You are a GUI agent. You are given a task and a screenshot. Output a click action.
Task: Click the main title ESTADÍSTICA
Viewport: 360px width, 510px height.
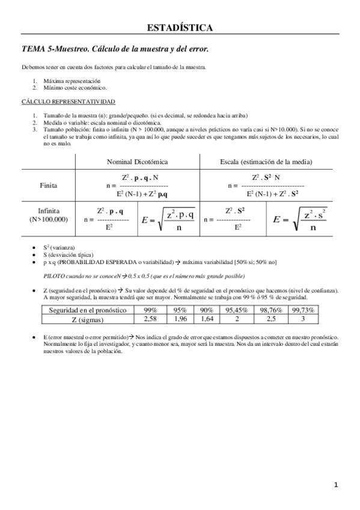click(180, 28)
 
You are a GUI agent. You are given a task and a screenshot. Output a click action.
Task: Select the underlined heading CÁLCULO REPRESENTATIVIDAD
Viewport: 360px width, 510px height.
click(68, 102)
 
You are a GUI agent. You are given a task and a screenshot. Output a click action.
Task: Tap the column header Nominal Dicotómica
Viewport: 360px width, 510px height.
click(137, 162)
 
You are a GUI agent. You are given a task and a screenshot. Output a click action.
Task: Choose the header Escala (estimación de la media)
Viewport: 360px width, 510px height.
click(266, 162)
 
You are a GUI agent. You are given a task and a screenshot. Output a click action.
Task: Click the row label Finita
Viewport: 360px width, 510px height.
click(48, 185)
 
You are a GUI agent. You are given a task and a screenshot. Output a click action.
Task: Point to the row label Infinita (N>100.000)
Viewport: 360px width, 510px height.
click(48, 215)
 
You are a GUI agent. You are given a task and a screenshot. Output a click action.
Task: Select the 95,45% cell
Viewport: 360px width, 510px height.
click(237, 310)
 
